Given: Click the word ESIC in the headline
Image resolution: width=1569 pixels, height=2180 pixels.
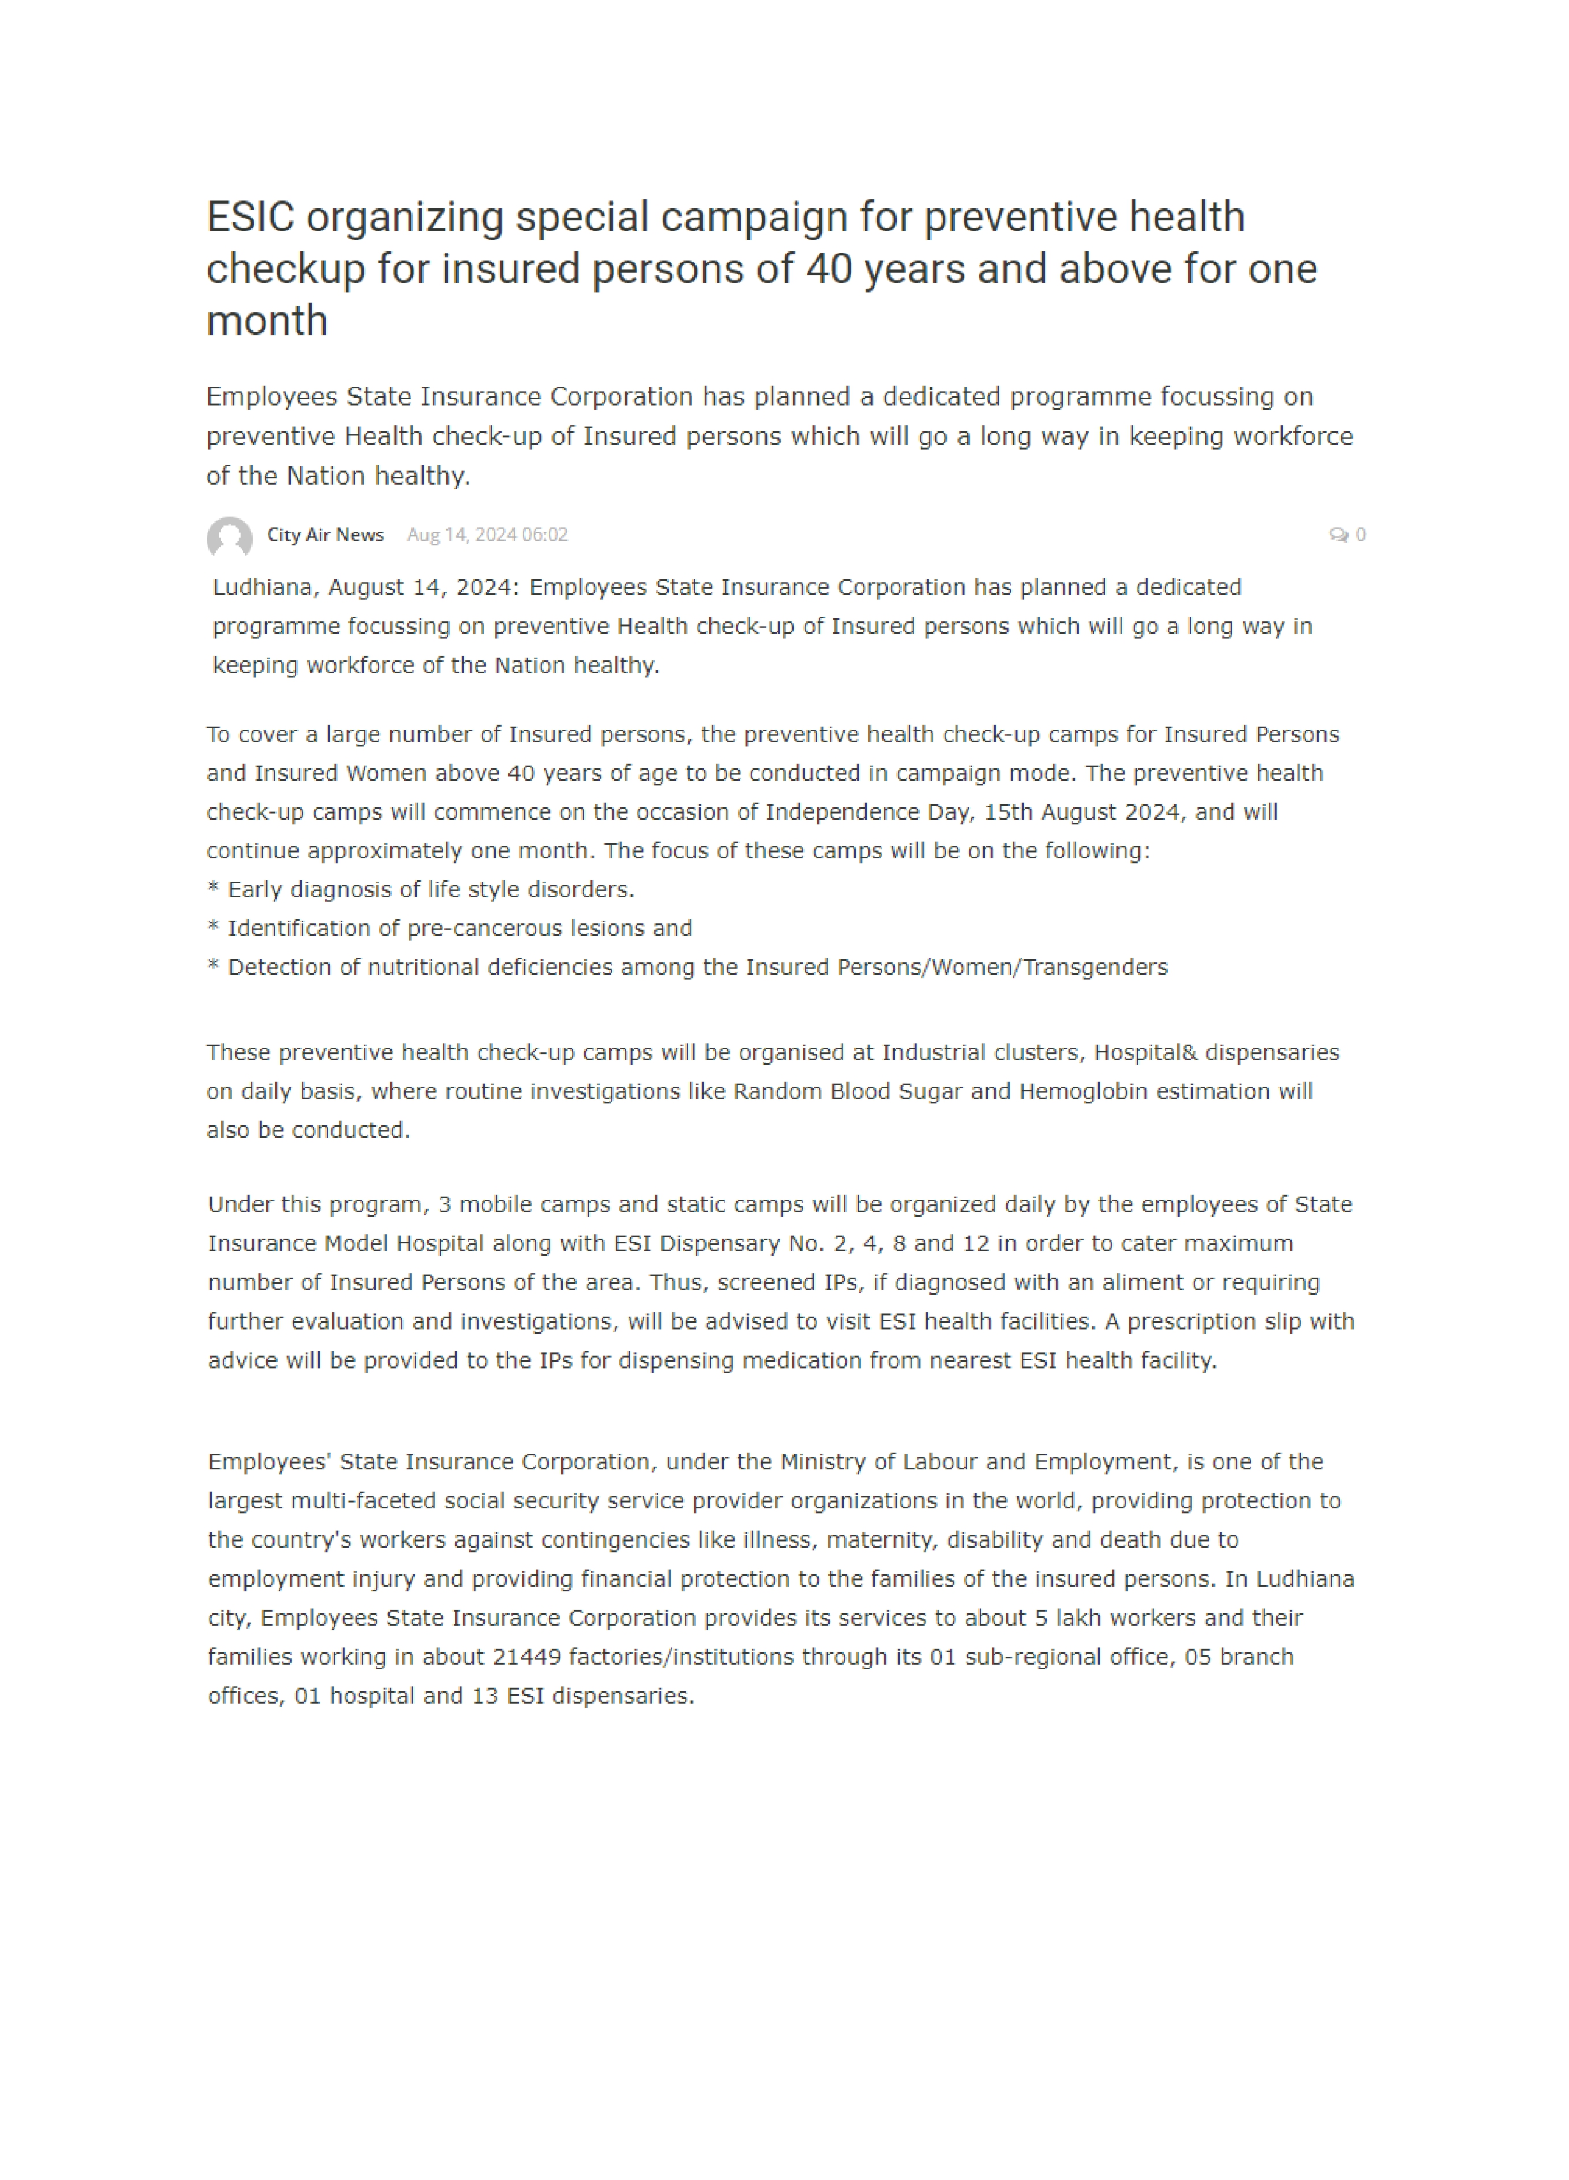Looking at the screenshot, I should pos(250,217).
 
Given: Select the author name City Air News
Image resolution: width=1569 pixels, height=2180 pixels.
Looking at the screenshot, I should pos(325,534).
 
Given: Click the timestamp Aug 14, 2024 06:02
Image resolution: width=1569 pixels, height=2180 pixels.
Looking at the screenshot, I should pos(487,534).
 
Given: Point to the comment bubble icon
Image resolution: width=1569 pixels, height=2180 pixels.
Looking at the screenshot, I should pos(1337,534).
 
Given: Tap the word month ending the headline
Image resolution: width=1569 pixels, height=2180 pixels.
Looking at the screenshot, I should pos(267,321).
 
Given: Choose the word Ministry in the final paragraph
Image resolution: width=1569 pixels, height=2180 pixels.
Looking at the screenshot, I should pos(823,1462).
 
